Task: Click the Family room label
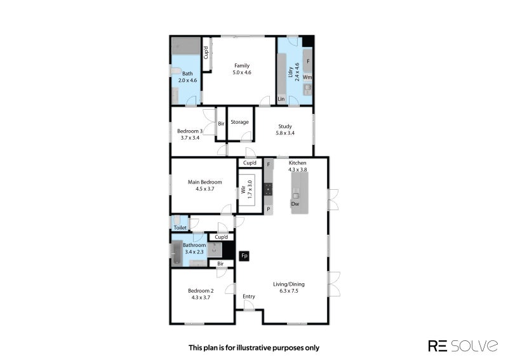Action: click(x=242, y=65)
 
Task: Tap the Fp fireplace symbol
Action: click(x=244, y=256)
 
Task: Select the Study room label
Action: click(x=284, y=126)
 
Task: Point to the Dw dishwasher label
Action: click(x=295, y=204)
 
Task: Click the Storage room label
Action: click(x=240, y=122)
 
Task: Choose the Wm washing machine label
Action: click(x=307, y=77)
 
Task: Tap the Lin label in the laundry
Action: click(x=281, y=99)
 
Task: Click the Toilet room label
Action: click(x=180, y=227)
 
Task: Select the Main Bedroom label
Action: click(x=204, y=182)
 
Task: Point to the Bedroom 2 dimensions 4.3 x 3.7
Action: click(x=201, y=297)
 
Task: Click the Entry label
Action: click(x=249, y=296)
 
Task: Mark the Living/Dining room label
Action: click(x=289, y=284)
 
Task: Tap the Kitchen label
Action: click(x=297, y=163)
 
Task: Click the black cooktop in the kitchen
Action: click(x=268, y=189)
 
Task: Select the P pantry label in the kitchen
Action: click(x=268, y=210)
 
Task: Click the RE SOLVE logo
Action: click(x=463, y=346)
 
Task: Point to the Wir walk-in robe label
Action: click(x=243, y=190)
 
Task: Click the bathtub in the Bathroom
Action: click(x=177, y=253)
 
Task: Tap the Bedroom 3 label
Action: click(x=190, y=131)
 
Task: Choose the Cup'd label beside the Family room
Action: click(x=206, y=53)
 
